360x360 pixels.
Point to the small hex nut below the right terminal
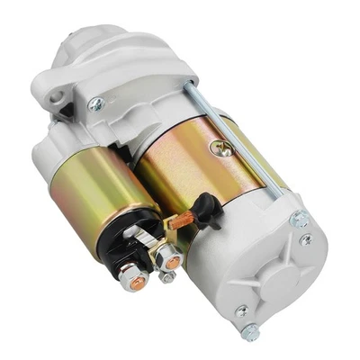(167, 278)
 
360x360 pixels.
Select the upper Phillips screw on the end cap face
(307, 240)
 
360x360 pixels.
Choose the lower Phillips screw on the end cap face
(240, 311)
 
